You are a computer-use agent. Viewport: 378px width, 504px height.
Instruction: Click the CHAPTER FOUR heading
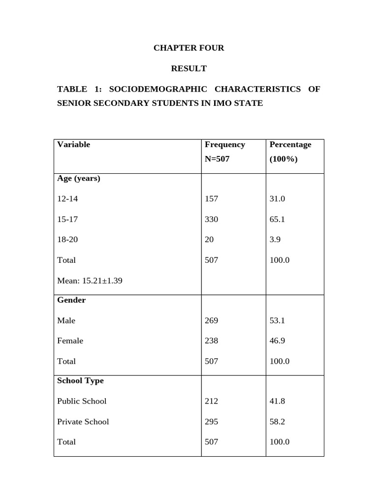click(x=189, y=48)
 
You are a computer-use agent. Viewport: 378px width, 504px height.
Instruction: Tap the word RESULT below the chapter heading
click(x=189, y=68)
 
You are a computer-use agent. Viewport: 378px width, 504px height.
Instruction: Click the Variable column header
click(x=74, y=145)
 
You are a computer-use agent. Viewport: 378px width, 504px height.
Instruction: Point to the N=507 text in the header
click(x=217, y=159)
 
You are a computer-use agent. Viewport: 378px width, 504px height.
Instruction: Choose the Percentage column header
click(x=290, y=145)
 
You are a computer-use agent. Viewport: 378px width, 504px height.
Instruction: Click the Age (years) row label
click(x=79, y=178)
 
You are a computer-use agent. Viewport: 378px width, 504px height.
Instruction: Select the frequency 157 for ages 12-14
click(x=211, y=199)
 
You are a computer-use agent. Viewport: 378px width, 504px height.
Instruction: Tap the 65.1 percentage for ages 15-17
click(x=277, y=220)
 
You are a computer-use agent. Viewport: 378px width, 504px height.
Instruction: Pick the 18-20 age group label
click(x=67, y=240)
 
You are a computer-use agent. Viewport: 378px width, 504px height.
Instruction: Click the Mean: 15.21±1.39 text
click(x=90, y=281)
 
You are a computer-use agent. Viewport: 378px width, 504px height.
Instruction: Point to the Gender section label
click(x=71, y=300)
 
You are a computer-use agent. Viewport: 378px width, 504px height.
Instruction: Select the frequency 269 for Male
click(x=211, y=320)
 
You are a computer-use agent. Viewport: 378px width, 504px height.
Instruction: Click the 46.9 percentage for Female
click(x=277, y=341)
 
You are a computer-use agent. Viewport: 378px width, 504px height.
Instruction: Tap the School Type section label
click(x=80, y=380)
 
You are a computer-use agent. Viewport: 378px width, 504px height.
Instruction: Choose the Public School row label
click(x=82, y=401)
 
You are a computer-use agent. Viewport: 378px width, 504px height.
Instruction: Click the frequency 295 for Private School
click(x=211, y=422)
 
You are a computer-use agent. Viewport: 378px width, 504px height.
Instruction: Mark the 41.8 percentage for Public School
click(x=277, y=401)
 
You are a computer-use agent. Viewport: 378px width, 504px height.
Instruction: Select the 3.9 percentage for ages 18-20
click(x=275, y=240)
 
